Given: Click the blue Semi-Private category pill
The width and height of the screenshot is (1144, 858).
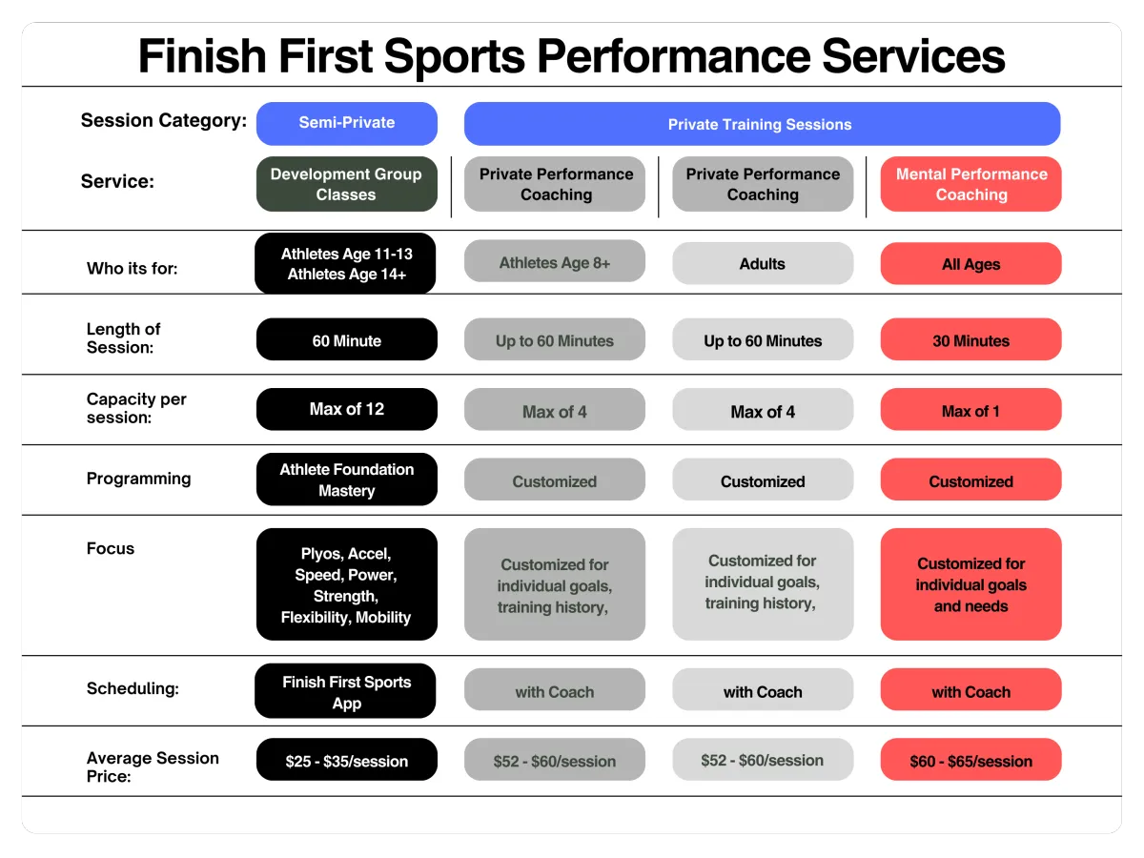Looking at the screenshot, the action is click(x=347, y=124).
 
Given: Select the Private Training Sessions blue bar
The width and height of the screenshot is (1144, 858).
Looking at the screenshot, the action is click(x=762, y=124).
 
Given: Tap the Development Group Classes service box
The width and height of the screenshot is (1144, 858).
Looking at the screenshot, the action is click(x=347, y=184).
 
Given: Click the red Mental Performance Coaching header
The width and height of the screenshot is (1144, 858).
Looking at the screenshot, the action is click(x=970, y=184).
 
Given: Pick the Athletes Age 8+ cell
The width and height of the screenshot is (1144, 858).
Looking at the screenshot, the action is click(x=555, y=261).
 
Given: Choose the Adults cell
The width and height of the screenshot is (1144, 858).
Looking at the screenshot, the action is click(x=763, y=263).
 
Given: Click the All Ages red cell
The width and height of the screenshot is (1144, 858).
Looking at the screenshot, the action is click(x=970, y=263).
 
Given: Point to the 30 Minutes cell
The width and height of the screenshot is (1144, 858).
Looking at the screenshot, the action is click(x=970, y=339).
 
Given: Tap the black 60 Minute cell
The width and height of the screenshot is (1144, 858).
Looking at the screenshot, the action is click(x=347, y=339).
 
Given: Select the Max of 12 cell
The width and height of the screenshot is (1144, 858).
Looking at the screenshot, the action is click(x=347, y=409).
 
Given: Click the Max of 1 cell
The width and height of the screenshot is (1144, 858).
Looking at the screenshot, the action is click(x=970, y=409).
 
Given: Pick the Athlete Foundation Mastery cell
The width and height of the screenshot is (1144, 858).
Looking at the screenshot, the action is click(x=347, y=480).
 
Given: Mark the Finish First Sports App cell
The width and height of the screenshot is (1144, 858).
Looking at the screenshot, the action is click(x=345, y=691).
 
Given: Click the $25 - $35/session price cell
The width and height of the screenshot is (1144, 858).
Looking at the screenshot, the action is click(x=347, y=760).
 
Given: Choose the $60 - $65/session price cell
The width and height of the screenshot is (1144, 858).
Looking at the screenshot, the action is click(x=970, y=760).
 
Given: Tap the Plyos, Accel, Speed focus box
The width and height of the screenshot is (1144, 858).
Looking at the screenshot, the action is click(x=347, y=584).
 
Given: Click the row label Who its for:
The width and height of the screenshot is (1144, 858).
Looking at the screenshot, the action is click(x=132, y=268).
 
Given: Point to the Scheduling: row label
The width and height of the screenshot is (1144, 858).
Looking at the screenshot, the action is click(x=133, y=688).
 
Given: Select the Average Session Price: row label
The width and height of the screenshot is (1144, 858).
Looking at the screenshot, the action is click(x=153, y=766).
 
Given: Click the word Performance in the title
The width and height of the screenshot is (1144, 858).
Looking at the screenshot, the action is click(x=673, y=56).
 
